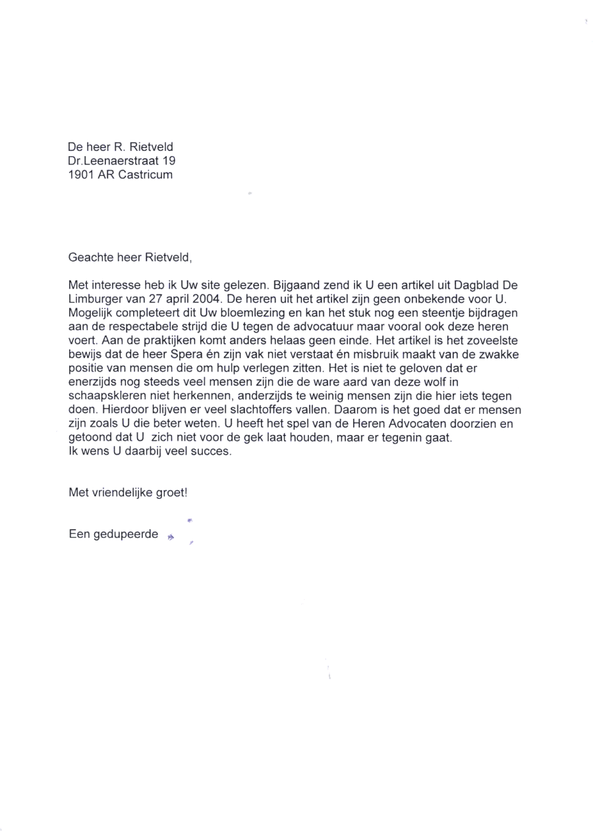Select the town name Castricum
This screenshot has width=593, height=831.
click(146, 175)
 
